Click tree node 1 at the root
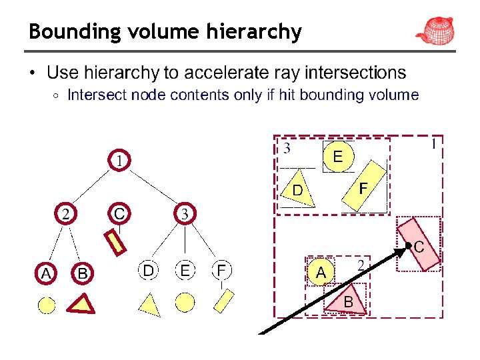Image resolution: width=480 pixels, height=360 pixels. tap(119, 161)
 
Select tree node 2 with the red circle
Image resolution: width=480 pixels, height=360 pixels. tap(65, 213)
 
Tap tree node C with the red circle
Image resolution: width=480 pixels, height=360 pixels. tap(119, 213)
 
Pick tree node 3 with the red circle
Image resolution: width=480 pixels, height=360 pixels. tap(185, 213)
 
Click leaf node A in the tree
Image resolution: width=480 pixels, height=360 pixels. tap(46, 273)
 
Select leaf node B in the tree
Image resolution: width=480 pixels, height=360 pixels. tap(82, 273)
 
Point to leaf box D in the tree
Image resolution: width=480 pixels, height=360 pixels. tap(149, 270)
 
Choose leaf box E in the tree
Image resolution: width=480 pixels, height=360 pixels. tap(185, 270)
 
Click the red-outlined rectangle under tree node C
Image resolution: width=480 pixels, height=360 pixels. tap(117, 242)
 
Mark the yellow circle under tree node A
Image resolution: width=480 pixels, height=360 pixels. tap(46, 305)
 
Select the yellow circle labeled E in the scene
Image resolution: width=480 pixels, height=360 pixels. tap(338, 157)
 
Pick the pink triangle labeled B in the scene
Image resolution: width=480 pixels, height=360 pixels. tap(347, 299)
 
